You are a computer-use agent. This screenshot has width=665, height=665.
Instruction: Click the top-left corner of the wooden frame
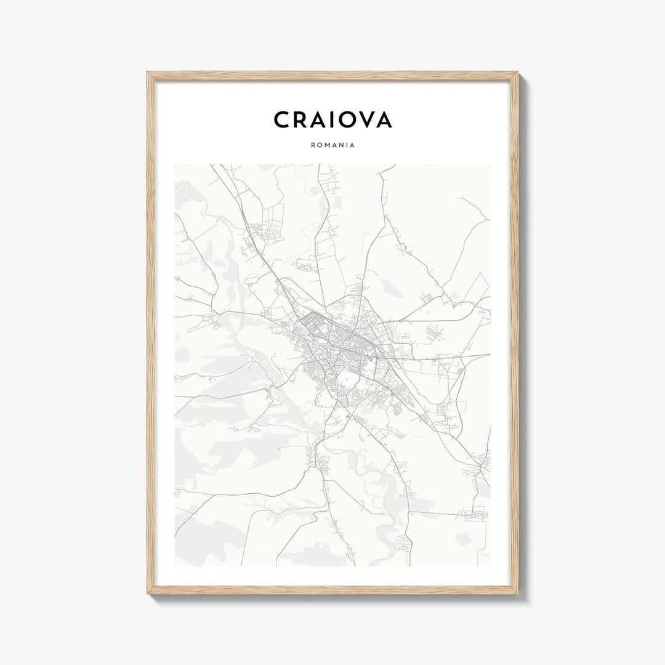point(148,73)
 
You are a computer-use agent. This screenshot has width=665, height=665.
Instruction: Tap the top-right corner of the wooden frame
point(517,73)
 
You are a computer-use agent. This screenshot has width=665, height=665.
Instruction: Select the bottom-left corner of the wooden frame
point(148,593)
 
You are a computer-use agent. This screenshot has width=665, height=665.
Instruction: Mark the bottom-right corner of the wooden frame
point(517,593)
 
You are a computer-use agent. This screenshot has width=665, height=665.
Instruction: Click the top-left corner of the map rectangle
point(175,164)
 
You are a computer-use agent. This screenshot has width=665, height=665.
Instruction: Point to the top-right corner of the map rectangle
point(490,164)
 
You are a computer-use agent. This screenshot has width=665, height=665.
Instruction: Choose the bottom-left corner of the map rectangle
point(175,566)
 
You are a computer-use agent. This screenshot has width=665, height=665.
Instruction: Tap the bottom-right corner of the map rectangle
point(490,566)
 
